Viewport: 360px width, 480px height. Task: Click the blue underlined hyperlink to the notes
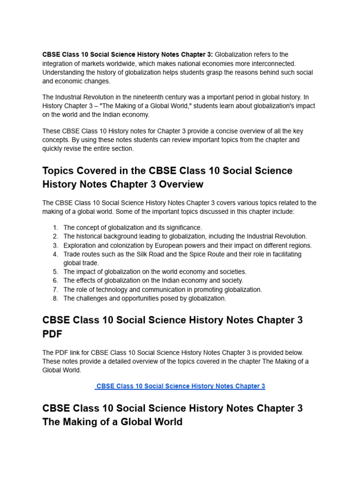180,386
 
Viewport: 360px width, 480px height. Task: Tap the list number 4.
55,254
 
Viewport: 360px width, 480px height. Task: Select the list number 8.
55,298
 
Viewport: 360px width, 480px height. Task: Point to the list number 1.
55,227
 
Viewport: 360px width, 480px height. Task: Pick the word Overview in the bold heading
181,184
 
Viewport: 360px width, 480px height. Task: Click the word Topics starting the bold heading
59,171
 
